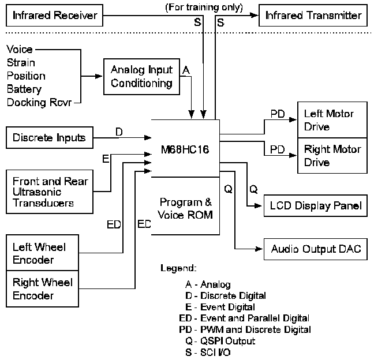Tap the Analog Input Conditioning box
141,77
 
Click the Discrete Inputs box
49,138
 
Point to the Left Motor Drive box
331,121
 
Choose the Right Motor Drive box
331,156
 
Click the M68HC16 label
185,152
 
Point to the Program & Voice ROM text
185,210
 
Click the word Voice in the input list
20,50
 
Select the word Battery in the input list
24,89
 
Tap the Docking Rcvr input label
38,103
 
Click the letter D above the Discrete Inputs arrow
119,132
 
